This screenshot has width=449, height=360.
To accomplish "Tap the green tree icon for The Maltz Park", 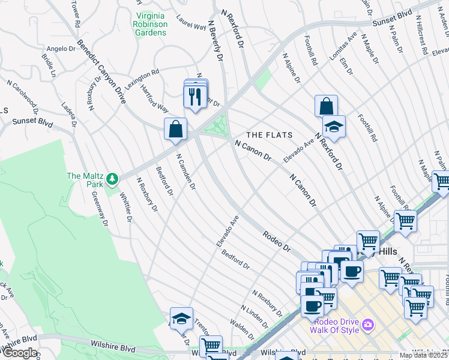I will click(x=112, y=178).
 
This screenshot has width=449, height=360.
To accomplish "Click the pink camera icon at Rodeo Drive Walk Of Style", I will click(x=367, y=325).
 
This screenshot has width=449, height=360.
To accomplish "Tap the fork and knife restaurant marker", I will click(x=194, y=97).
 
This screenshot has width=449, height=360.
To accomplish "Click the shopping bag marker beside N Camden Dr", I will click(x=175, y=129).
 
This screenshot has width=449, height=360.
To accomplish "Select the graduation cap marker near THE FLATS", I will click(x=334, y=127).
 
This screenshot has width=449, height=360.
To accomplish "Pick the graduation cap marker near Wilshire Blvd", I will click(x=181, y=319).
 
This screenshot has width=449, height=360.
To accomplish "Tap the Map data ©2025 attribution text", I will click(x=423, y=355).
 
